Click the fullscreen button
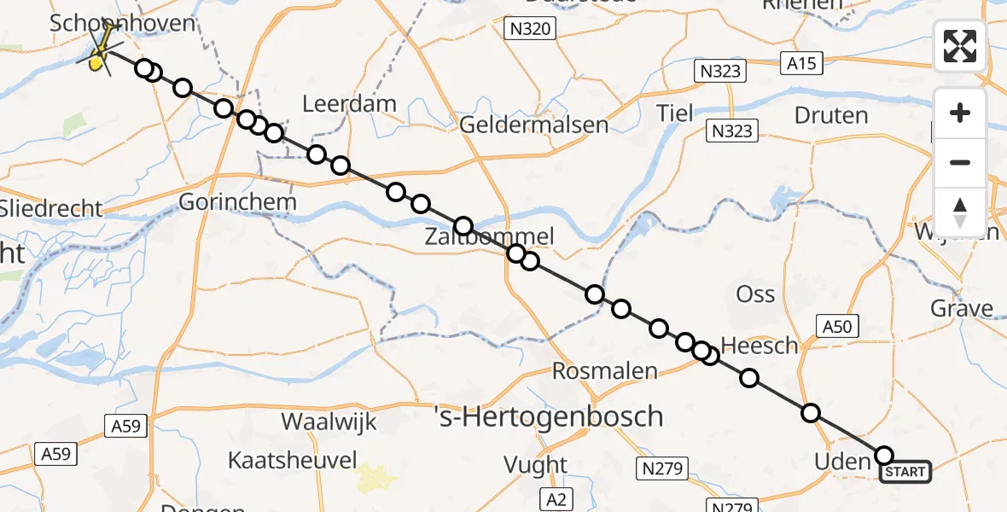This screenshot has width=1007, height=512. point(960,46)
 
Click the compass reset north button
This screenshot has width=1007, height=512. point(960,211)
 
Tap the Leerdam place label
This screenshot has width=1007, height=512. point(350,104)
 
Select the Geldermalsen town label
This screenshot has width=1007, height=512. point(534,125)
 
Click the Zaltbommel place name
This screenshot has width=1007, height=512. point(489,237)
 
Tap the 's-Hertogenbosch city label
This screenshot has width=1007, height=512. point(549,416)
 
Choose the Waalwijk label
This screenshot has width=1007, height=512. point(329,422)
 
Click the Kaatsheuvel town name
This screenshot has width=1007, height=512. point(292,461)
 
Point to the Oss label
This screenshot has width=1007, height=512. point(755,294)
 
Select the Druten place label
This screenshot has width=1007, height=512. point(831,115)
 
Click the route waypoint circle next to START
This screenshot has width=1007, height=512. point(884,456)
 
